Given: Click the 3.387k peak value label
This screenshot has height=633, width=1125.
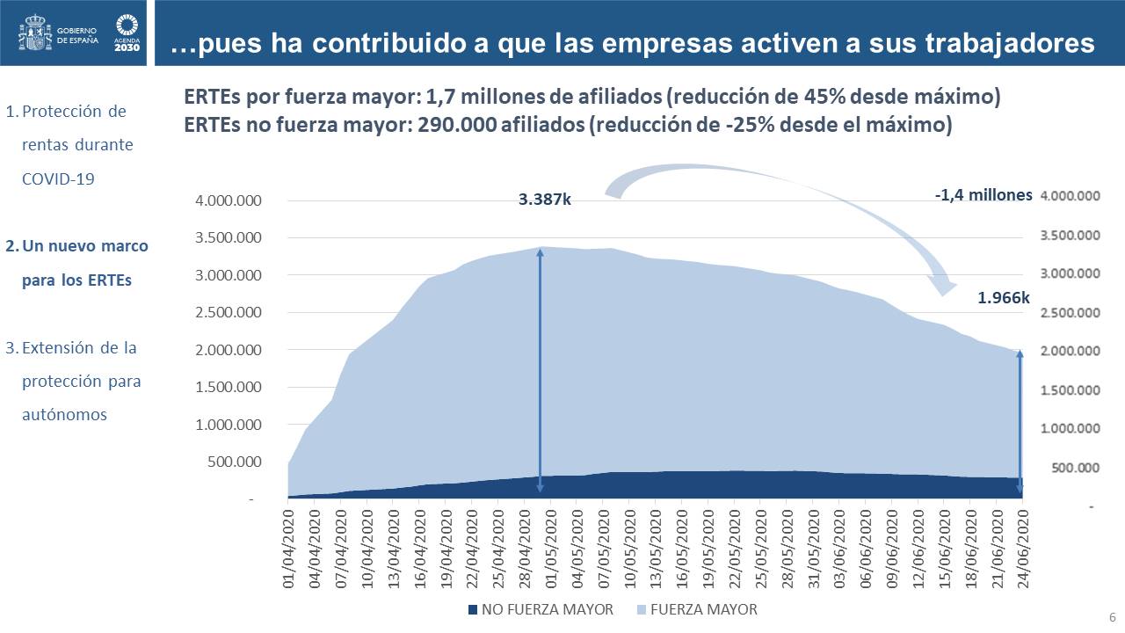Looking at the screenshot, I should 545,200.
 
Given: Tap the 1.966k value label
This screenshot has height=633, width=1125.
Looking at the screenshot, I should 1003,299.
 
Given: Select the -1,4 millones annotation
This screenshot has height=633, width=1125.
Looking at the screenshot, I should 983,195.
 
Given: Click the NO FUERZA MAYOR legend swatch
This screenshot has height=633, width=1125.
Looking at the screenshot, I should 472,609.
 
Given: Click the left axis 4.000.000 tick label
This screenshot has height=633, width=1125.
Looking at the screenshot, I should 229,201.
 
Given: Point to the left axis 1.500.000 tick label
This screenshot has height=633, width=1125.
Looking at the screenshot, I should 229,388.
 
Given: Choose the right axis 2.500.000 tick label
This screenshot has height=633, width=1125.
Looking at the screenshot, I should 1070,312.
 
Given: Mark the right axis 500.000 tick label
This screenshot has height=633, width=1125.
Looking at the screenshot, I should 1074,468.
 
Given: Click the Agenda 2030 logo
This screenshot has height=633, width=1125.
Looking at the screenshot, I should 127,33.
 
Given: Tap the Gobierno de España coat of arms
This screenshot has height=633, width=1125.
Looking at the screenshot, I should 34,33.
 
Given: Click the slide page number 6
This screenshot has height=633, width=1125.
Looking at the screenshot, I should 1112,615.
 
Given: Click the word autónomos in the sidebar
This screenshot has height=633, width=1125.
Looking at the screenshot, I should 64,414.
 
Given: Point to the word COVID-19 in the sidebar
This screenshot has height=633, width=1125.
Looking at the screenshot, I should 58,178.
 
